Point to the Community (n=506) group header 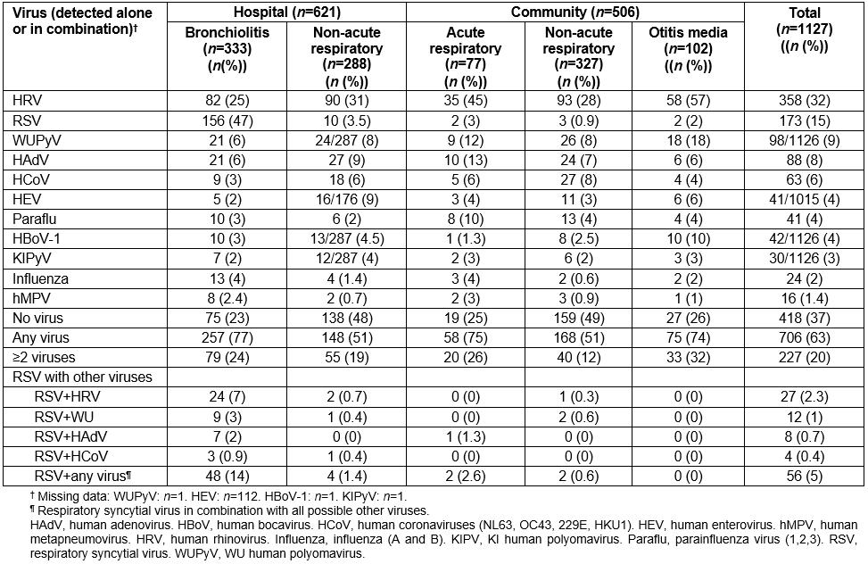(574, 12)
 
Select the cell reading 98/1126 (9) (805, 131)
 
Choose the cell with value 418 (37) (805, 318)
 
